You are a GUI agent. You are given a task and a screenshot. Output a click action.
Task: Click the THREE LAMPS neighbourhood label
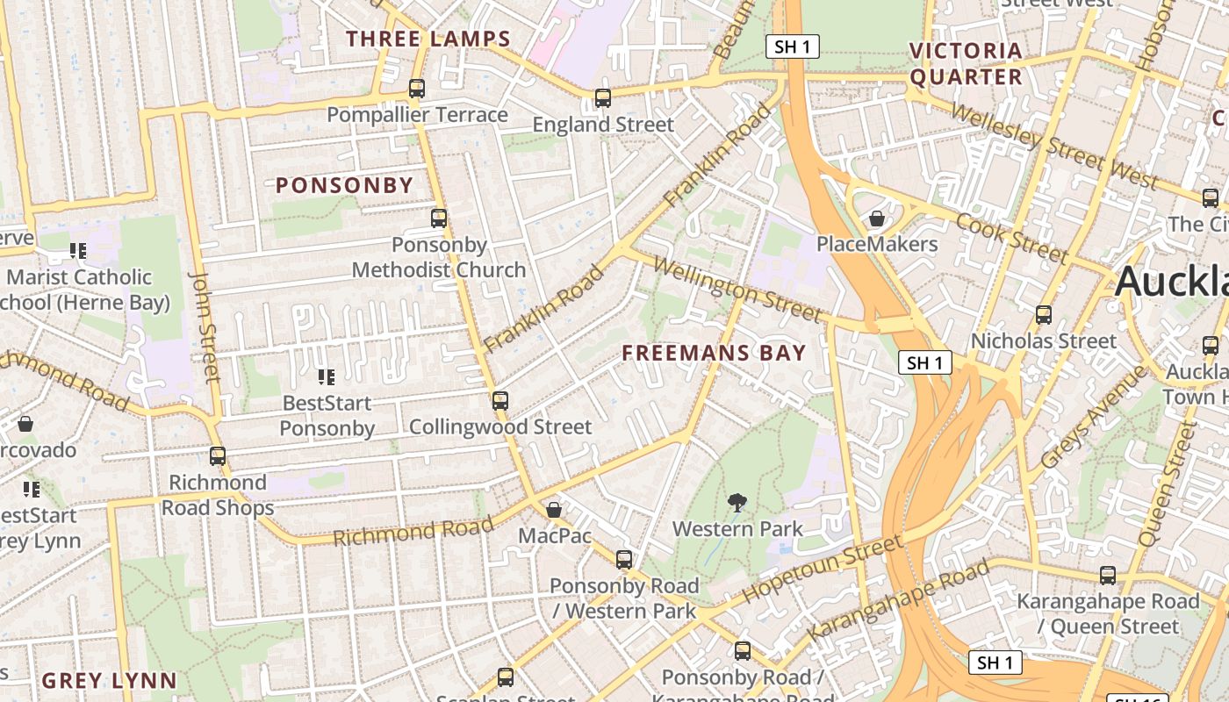pos(428,39)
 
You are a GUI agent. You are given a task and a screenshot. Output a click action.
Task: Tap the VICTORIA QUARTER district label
pos(966,64)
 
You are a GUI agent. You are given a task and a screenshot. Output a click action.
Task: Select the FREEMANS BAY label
pos(714,353)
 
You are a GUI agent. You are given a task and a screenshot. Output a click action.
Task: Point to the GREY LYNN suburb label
pos(109,681)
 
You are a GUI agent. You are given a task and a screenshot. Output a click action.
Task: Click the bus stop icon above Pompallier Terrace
pos(417,89)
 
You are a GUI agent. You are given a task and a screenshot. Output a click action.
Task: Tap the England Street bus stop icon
pos(603,98)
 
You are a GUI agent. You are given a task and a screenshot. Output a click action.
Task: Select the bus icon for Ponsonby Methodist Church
pos(439,218)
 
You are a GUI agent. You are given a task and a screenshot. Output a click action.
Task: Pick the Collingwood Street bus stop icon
pos(500,401)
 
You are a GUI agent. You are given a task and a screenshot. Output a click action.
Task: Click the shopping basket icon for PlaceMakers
pos(876,218)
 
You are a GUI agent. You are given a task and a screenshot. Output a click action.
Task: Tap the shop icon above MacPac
pos(554,510)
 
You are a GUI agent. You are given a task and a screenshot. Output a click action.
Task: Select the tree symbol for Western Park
pos(737,503)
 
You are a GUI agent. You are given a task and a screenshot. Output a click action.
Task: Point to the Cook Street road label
pos(1012,237)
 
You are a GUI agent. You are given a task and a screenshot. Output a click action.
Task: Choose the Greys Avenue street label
pos(1093,417)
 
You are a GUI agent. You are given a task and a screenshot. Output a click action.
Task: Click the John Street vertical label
pos(204,327)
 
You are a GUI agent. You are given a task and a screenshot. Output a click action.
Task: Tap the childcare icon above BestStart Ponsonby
pos(327,377)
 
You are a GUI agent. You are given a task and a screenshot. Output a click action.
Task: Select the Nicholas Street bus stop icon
pos(1044,315)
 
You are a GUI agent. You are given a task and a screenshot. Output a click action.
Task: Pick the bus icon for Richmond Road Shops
pos(218,456)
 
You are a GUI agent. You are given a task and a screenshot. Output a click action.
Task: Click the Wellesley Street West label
pos(1053,146)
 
